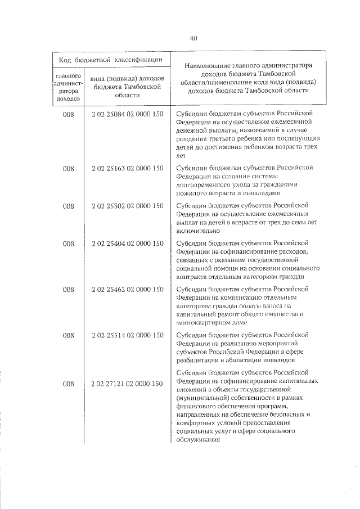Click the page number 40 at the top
point(193,38)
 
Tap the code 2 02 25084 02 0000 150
point(127,114)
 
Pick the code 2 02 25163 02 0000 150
point(127,168)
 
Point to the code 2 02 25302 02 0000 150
point(127,206)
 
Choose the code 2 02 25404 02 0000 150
point(127,244)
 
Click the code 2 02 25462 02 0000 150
point(127,290)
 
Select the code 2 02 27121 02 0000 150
point(127,384)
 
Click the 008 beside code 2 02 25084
point(69,114)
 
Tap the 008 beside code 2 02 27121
point(69,384)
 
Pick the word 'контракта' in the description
point(191,277)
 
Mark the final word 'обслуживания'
point(197,440)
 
